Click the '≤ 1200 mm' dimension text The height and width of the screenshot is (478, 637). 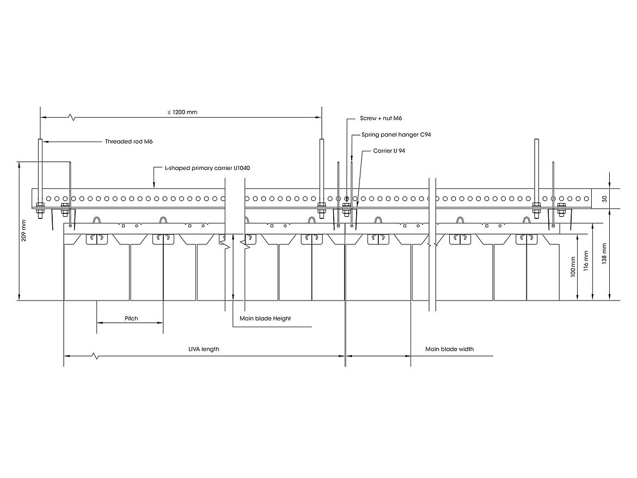tap(182, 112)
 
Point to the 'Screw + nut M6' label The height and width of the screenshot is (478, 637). tap(381, 118)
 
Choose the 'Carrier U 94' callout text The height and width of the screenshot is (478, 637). tap(389, 150)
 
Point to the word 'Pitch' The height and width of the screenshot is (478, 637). tap(131, 318)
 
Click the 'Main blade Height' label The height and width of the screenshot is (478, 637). tap(265, 318)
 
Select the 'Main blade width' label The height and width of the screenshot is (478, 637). tap(449, 349)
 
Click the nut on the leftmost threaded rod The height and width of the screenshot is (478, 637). tap(40, 206)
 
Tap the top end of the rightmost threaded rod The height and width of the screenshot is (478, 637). tap(536, 141)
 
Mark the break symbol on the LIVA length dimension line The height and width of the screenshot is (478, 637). tap(96, 356)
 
